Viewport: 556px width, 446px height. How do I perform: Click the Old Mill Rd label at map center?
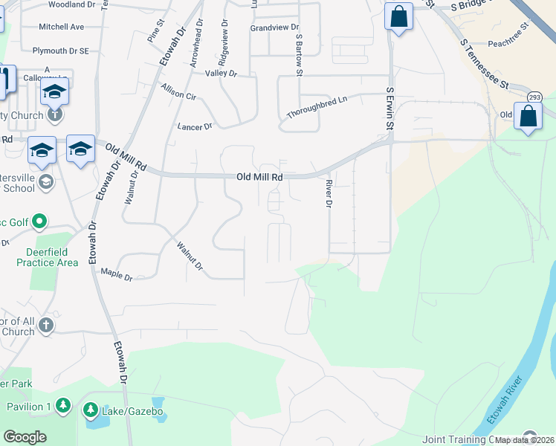click(x=259, y=178)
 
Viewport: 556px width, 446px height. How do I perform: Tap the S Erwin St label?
click(x=389, y=109)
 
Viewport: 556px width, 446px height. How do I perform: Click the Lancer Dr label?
click(x=195, y=127)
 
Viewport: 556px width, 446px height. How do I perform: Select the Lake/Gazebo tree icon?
click(x=90, y=409)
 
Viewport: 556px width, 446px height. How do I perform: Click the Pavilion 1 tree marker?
click(x=63, y=406)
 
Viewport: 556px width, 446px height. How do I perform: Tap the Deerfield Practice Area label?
click(x=46, y=257)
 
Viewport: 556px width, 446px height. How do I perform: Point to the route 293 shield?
click(x=534, y=97)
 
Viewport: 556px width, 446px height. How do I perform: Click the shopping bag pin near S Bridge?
click(x=398, y=16)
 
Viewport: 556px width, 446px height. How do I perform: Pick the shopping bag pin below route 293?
click(x=528, y=117)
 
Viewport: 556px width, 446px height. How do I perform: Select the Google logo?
click(x=25, y=436)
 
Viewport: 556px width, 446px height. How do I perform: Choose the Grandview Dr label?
click(x=274, y=28)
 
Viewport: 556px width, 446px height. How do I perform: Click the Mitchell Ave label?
click(x=62, y=27)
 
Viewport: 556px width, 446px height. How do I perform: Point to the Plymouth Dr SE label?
click(x=61, y=51)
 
